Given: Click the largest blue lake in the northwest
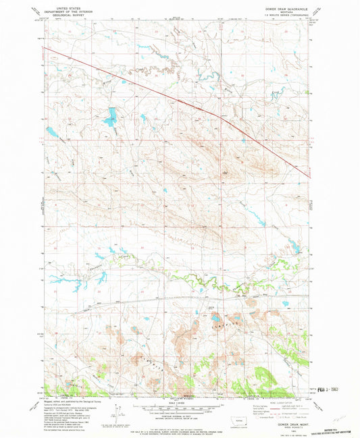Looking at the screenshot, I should (x=109, y=121).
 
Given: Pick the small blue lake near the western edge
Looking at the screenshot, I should (x=51, y=132).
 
